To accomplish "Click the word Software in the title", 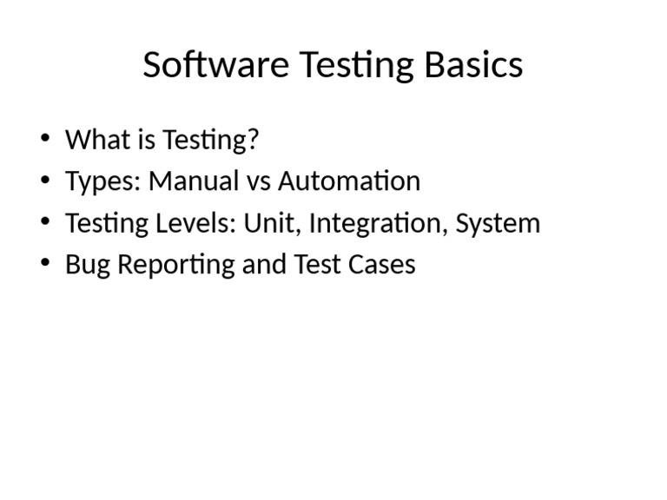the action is [x=216, y=64].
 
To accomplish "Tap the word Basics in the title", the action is [x=474, y=64].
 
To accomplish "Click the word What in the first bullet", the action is [x=98, y=139].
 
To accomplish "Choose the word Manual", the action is [x=194, y=181].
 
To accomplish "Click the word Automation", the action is [x=349, y=181].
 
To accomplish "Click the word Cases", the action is [x=381, y=264].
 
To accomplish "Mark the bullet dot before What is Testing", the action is [x=45, y=138].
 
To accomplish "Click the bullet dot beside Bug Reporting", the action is [x=45, y=263].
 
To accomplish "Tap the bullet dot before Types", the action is [x=45, y=180].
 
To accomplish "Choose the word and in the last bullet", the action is [x=264, y=264].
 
